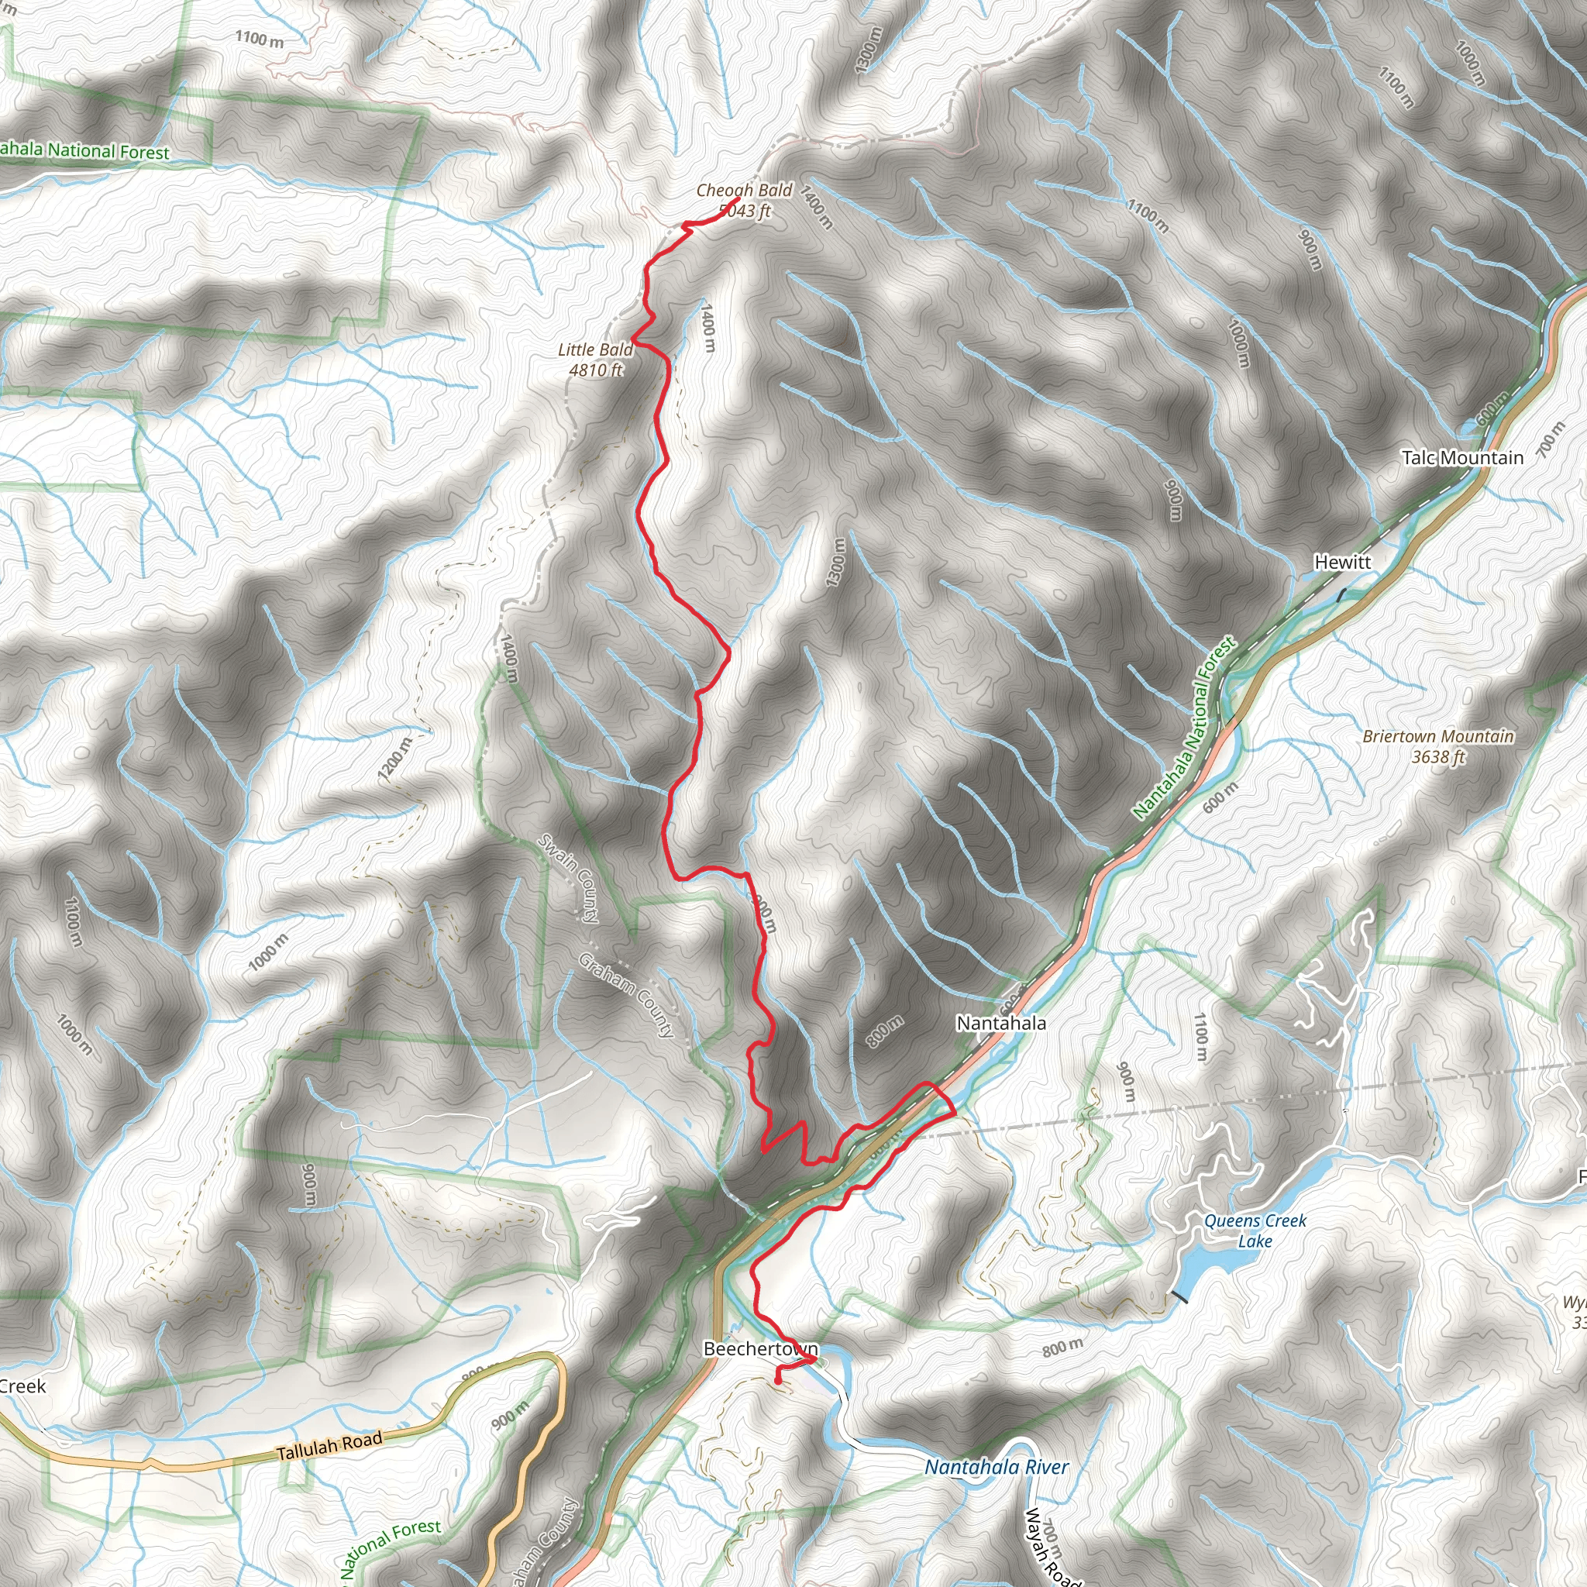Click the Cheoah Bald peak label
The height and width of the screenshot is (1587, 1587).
click(743, 191)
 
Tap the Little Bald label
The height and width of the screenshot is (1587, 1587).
click(594, 350)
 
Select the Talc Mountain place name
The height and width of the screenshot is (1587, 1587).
click(1462, 459)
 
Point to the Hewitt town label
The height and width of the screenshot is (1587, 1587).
click(1343, 563)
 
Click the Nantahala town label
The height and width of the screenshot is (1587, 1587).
click(1000, 1024)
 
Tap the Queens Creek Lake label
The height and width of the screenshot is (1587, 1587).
click(1255, 1231)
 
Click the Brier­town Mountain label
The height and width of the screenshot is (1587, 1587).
click(1437, 737)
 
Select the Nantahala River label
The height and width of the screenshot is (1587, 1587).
click(997, 1467)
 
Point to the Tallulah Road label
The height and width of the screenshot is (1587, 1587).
click(329, 1445)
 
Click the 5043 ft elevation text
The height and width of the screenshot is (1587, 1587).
click(745, 211)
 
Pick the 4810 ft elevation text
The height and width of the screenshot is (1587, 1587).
click(596, 370)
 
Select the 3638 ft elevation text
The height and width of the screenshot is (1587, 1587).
click(1437, 757)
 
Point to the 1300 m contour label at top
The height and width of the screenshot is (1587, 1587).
click(867, 50)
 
